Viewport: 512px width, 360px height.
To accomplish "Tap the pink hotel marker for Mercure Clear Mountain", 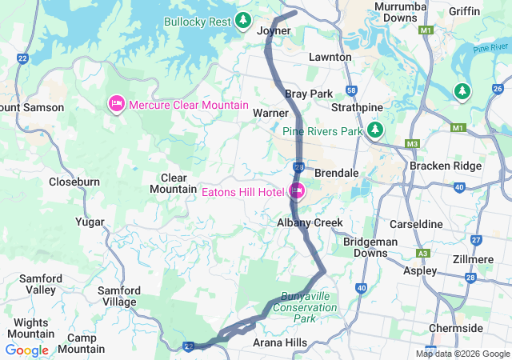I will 116,104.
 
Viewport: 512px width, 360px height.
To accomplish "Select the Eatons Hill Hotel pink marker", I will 297,190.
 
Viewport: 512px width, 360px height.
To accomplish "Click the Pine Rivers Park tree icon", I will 374,130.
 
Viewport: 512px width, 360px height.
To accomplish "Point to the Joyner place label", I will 274,31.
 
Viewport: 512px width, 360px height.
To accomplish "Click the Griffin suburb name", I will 465,11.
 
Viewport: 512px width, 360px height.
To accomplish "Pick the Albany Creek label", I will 310,222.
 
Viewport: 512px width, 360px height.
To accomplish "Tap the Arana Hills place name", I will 279,342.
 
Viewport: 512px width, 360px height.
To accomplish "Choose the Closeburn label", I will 74,182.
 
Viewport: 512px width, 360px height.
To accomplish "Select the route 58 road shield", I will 350,91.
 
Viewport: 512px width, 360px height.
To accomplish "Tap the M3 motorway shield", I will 413,144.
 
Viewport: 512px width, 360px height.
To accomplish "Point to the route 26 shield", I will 498,89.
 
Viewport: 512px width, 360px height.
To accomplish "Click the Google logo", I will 26,350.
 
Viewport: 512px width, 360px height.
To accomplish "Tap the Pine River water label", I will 490,49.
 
